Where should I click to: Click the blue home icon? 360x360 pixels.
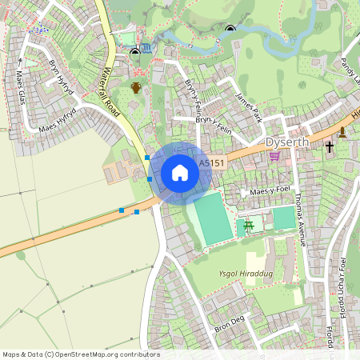click(x=180, y=172)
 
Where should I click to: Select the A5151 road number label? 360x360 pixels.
click(x=211, y=162)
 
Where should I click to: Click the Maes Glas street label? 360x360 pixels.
click(x=20, y=87)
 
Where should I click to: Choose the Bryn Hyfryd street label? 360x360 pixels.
click(x=62, y=78)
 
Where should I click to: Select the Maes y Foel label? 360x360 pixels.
click(x=268, y=193)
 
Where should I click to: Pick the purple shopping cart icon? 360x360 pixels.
click(x=274, y=156)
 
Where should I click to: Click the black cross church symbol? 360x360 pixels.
click(x=329, y=147)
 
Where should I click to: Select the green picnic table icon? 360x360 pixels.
click(x=249, y=226)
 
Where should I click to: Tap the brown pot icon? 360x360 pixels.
click(x=136, y=87)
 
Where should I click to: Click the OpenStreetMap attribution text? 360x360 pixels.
click(x=80, y=354)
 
